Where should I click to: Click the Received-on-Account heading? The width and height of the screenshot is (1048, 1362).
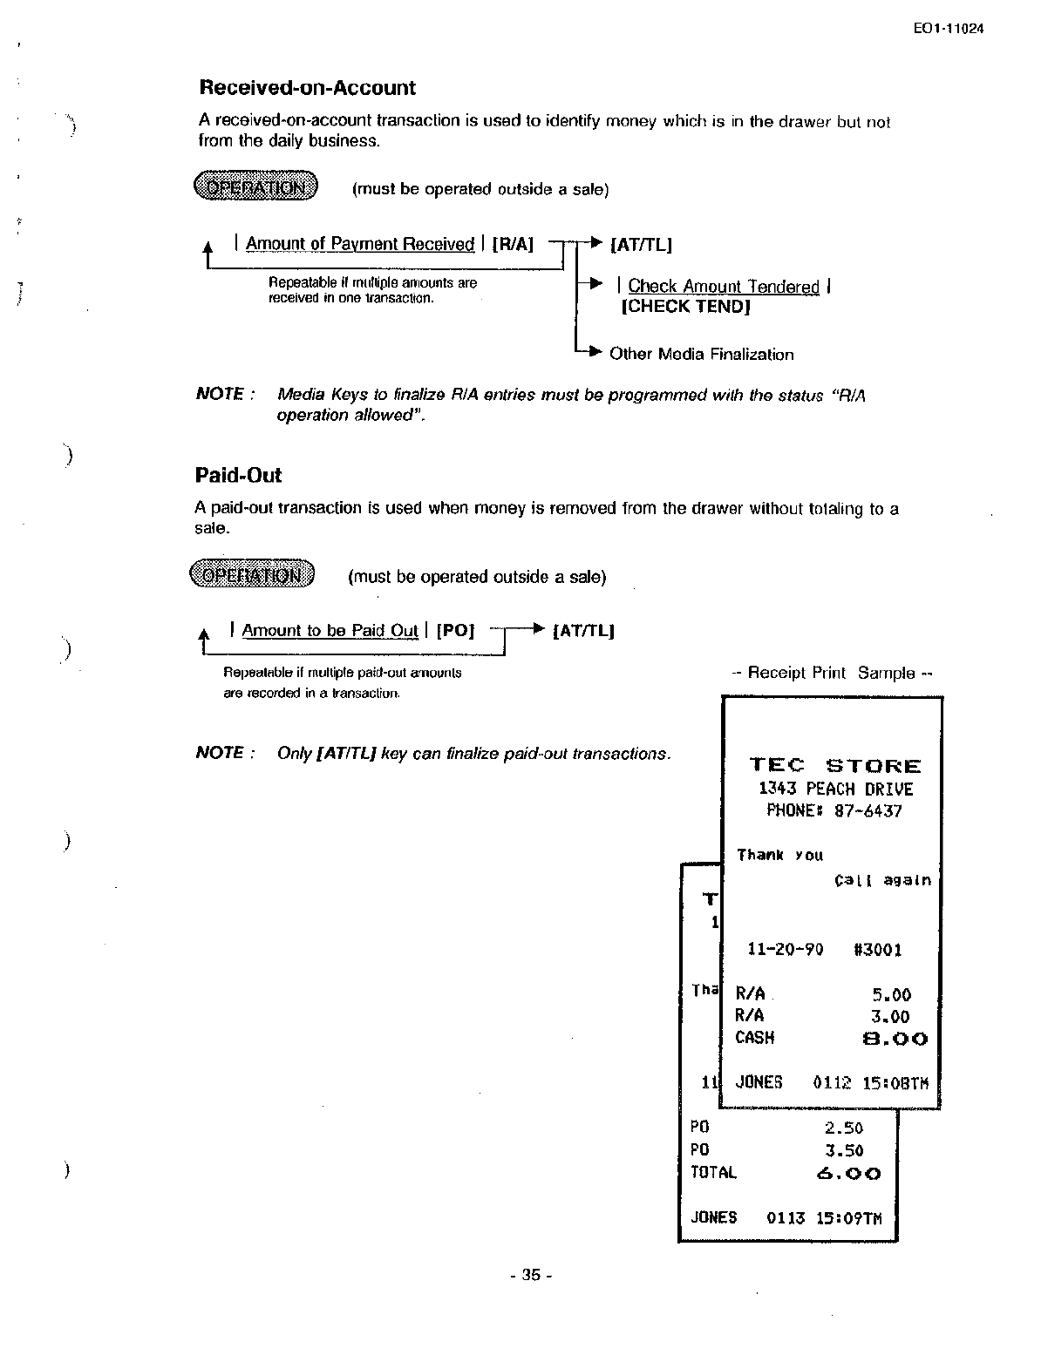pyautogui.click(x=307, y=88)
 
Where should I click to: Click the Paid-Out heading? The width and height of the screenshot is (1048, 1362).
pyautogui.click(x=238, y=476)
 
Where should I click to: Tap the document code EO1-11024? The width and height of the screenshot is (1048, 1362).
pyautogui.click(x=949, y=29)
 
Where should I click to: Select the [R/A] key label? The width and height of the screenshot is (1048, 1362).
pyautogui.click(x=513, y=245)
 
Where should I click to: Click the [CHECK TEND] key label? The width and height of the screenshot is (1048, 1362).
pyautogui.click(x=685, y=307)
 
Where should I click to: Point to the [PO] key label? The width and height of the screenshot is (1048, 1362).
pyautogui.click(x=455, y=631)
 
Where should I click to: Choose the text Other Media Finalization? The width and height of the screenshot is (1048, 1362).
pyautogui.click(x=701, y=355)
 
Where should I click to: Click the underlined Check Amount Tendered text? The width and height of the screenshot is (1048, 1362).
pyautogui.click(x=724, y=287)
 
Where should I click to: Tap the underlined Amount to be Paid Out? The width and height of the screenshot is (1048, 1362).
pyautogui.click(x=330, y=631)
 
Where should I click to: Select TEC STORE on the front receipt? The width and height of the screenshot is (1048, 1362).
pyautogui.click(x=834, y=766)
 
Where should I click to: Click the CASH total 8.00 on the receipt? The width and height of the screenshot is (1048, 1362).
pyautogui.click(x=895, y=1039)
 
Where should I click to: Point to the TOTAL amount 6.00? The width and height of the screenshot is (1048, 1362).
pyautogui.click(x=848, y=1174)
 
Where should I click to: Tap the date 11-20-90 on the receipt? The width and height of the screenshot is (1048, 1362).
pyautogui.click(x=786, y=950)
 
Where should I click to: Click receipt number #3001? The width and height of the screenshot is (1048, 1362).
pyautogui.click(x=877, y=950)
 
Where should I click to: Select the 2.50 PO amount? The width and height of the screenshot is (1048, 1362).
pyautogui.click(x=843, y=1128)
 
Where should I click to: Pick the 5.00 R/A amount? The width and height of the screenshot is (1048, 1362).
pyautogui.click(x=890, y=995)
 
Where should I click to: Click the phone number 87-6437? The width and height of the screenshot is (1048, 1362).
pyautogui.click(x=868, y=811)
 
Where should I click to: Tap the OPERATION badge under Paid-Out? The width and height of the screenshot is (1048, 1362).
pyautogui.click(x=252, y=575)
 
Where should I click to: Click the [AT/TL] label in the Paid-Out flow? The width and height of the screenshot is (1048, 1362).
pyautogui.click(x=584, y=631)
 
